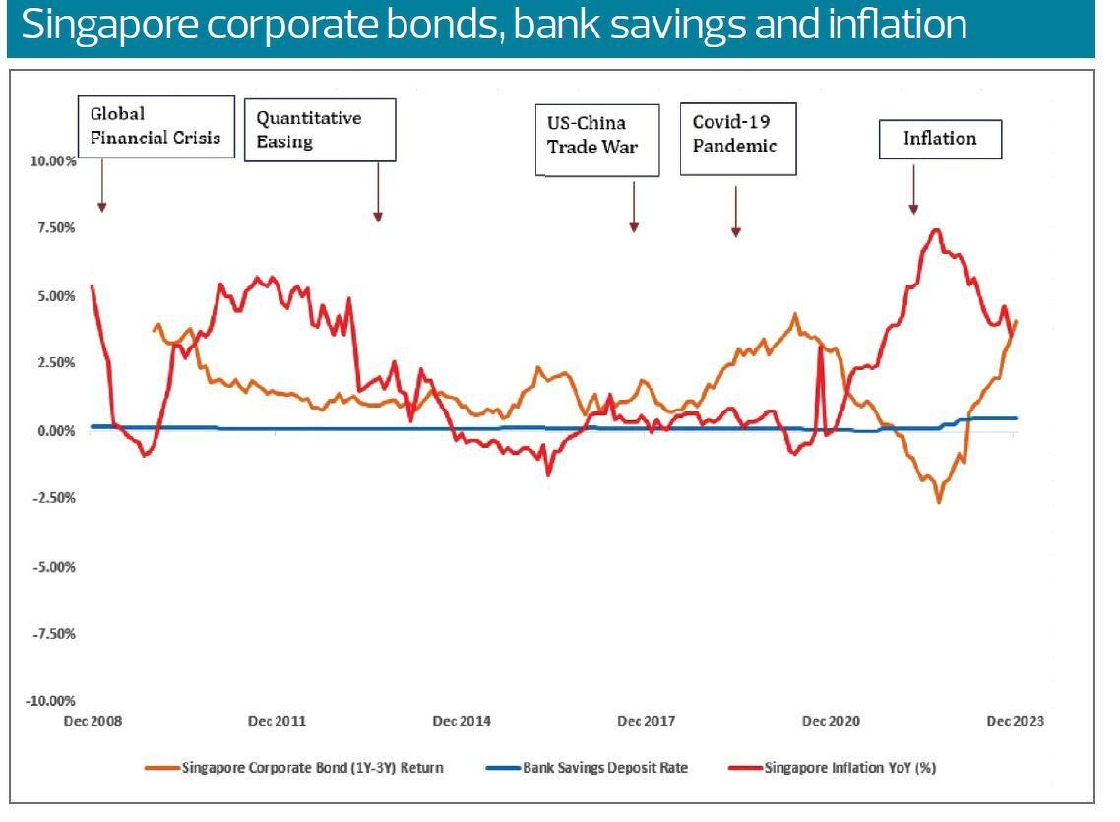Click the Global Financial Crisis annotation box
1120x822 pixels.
coord(156,126)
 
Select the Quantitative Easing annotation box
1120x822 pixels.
coord(320,129)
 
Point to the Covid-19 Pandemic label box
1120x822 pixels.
coord(738,138)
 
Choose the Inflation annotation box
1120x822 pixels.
coord(940,139)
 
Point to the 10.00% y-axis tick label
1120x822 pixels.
coord(54,160)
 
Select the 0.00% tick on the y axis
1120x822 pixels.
coord(57,431)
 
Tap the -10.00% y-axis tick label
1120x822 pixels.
coord(52,701)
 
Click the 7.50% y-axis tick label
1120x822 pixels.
coord(57,228)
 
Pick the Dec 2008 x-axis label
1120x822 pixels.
coord(92,721)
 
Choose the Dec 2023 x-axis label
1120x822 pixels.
coord(1014,721)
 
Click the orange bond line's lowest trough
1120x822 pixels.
coord(939,502)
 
